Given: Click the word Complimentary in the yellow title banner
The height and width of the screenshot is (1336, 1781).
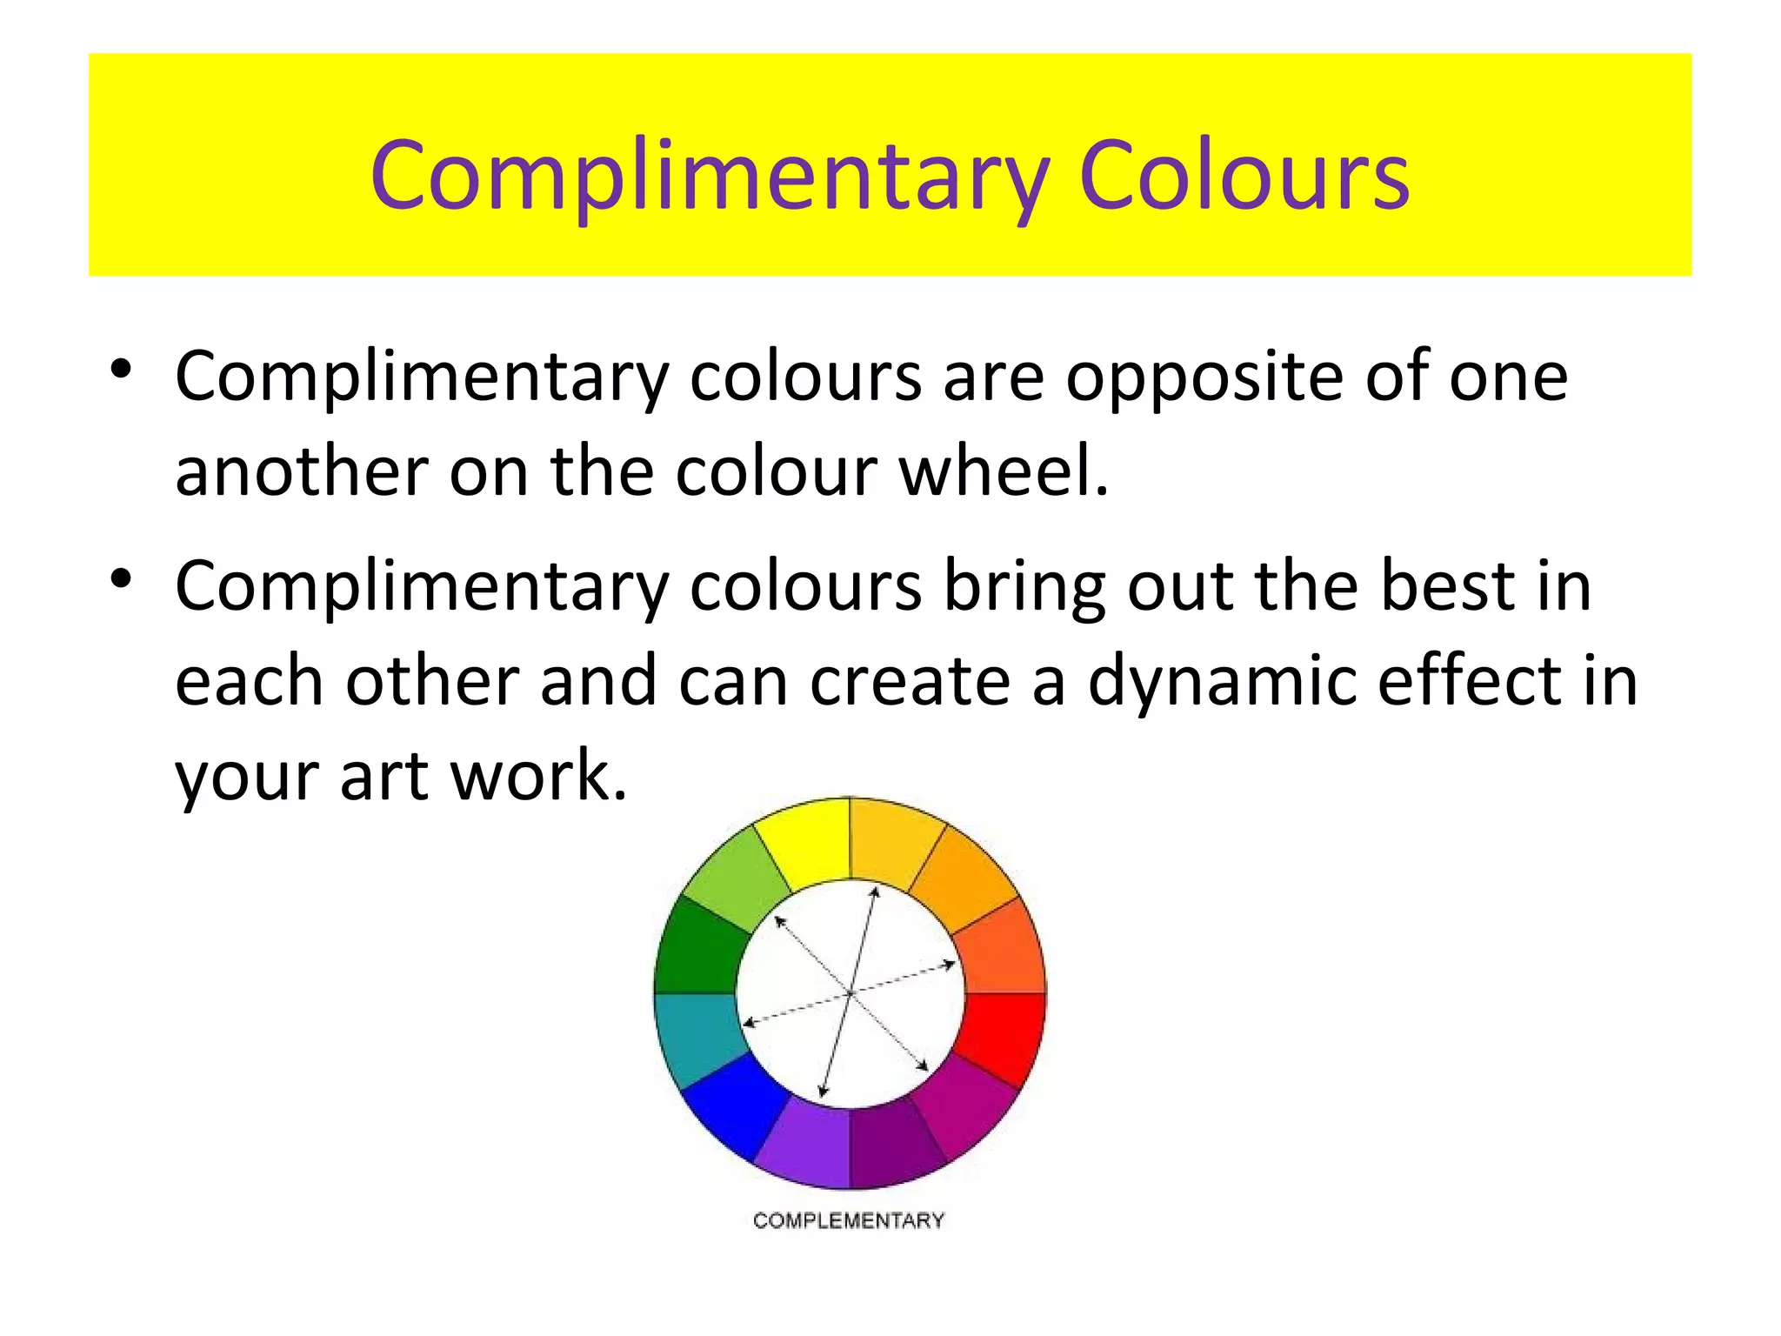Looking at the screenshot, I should point(709,179).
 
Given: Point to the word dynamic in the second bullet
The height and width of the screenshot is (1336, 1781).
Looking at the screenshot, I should point(1221,683).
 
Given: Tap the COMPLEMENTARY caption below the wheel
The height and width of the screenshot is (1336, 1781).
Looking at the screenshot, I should point(848,1221).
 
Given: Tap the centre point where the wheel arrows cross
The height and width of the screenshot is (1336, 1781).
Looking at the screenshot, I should point(850,992).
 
